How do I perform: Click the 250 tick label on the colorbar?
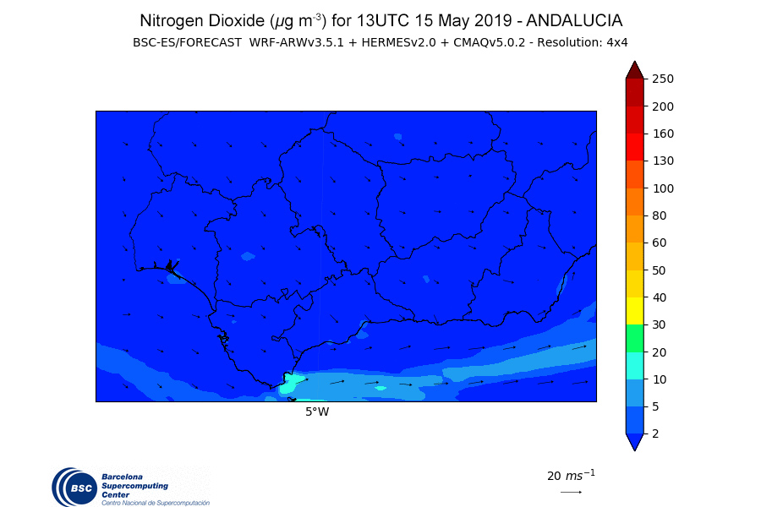click(x=662, y=79)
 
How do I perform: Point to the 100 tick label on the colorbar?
click(x=662, y=188)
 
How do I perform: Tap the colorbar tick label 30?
click(x=660, y=324)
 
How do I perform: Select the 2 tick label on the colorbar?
click(x=656, y=433)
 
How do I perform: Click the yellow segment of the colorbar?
click(x=635, y=311)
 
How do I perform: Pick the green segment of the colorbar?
click(x=635, y=338)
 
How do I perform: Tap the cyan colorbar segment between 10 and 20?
click(x=635, y=365)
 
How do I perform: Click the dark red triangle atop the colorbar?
click(x=635, y=71)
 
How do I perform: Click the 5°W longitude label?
click(x=317, y=412)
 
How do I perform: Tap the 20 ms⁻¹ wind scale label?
click(x=571, y=475)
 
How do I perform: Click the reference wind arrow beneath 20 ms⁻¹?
click(x=571, y=492)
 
